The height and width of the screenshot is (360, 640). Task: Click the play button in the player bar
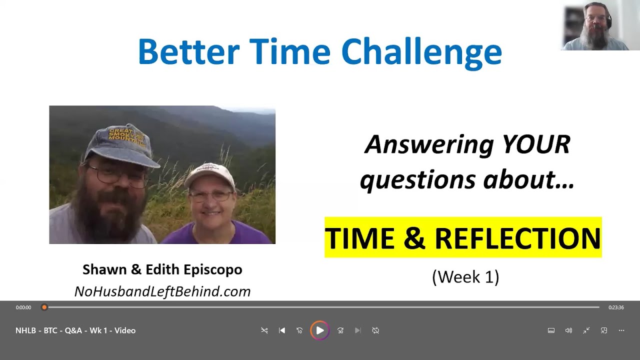319,330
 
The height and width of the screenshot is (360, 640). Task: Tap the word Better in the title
188,52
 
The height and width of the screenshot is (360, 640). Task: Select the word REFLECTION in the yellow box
517,238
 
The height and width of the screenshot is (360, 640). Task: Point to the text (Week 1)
465,276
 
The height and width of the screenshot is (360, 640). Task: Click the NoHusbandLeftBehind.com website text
162,291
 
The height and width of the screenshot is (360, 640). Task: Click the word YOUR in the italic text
535,145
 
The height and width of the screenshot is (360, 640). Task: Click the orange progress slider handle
44,307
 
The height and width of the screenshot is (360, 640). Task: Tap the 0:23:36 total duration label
616,307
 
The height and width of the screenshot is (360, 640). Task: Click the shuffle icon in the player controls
264,330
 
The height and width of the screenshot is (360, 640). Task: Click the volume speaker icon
568,330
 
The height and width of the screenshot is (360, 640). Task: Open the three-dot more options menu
621,330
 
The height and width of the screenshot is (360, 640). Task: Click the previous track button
282,330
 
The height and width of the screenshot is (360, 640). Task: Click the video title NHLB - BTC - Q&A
75,330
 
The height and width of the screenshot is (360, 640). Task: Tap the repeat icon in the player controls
375,330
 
